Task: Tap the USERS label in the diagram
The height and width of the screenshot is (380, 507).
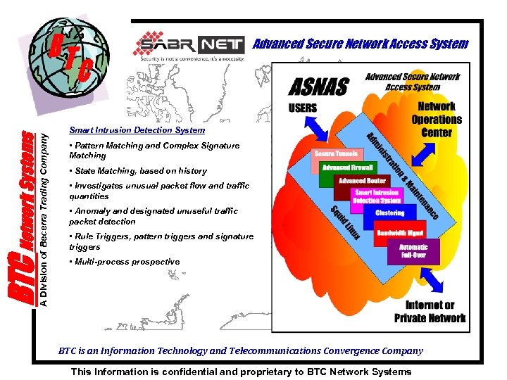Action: tap(303, 108)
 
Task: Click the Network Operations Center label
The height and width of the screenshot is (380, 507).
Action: tap(437, 120)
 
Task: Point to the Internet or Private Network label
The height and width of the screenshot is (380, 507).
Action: tap(430, 311)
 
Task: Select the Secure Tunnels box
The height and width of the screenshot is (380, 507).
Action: tap(336, 153)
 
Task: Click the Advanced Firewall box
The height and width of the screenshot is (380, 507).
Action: tap(348, 167)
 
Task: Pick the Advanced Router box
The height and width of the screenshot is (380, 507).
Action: tap(362, 181)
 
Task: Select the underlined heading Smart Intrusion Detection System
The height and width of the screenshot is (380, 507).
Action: tap(137, 130)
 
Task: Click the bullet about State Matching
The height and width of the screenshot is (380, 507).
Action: tap(138, 171)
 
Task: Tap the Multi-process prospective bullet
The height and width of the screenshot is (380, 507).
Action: tap(125, 262)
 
